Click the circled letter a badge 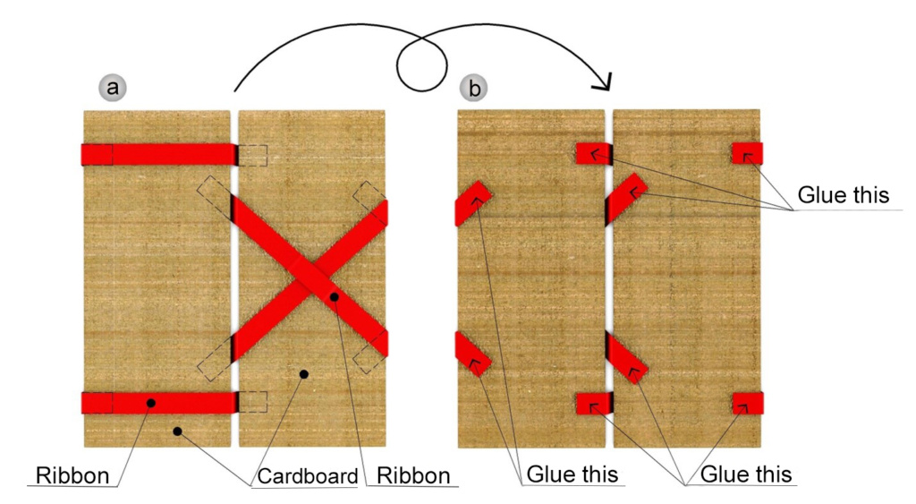tap(113, 87)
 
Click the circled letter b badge tap(474, 88)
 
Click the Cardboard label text tap(308, 476)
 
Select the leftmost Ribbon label tap(72, 476)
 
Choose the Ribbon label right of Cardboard tap(413, 476)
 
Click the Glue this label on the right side tap(843, 194)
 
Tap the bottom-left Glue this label tap(572, 474)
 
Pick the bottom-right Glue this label tap(746, 474)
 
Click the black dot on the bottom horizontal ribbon tap(150, 403)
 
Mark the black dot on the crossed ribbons tap(335, 297)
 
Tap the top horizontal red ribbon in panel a tap(159, 155)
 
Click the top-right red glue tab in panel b tap(747, 153)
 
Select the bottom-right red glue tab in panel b tap(748, 404)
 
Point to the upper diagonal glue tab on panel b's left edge tap(472, 202)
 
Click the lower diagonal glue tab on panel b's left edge tap(472, 354)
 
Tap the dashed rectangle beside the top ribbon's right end tap(253, 156)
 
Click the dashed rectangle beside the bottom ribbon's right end tap(253, 402)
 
